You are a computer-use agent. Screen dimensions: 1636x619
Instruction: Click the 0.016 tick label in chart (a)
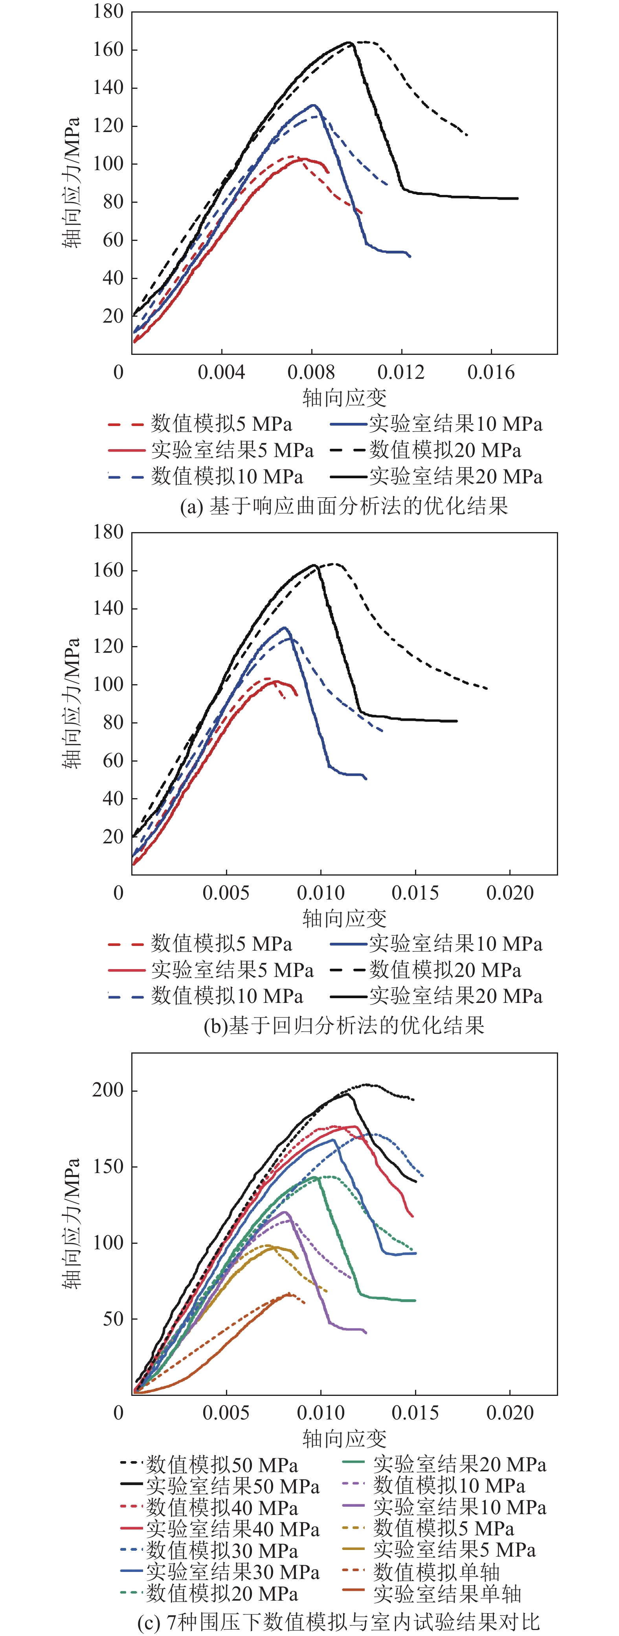(x=491, y=373)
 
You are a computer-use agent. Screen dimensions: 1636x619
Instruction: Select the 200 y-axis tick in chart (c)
(x=108, y=1090)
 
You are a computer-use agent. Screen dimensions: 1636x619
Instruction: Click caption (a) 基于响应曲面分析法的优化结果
(x=343, y=506)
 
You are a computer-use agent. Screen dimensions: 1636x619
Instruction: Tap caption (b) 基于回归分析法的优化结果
(x=343, y=1025)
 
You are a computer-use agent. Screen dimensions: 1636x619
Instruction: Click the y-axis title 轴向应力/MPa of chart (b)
(x=72, y=703)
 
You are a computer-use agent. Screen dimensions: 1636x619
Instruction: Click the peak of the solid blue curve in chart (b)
(x=285, y=628)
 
